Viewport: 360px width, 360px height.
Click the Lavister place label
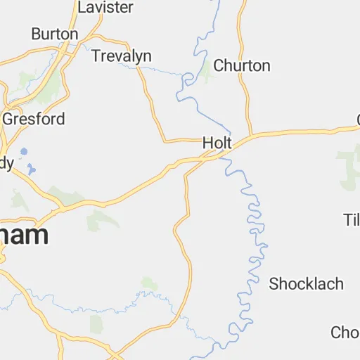[x=105, y=8]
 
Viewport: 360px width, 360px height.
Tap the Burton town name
[x=54, y=34]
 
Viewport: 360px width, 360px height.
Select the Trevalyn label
[x=121, y=56]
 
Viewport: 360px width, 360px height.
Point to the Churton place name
[x=241, y=66]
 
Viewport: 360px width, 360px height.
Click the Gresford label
[x=34, y=119]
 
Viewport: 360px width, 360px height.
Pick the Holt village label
[x=217, y=143]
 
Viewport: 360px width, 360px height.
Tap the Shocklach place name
[x=307, y=284]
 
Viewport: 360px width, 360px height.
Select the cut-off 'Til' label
[x=352, y=219]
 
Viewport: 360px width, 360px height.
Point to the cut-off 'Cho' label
[x=345, y=332]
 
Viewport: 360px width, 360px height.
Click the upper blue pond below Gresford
[x=24, y=151]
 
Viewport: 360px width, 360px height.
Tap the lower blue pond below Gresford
[x=30, y=169]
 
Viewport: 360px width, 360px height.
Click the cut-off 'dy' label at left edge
[x=6, y=163]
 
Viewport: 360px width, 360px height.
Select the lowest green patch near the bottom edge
[x=96, y=323]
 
